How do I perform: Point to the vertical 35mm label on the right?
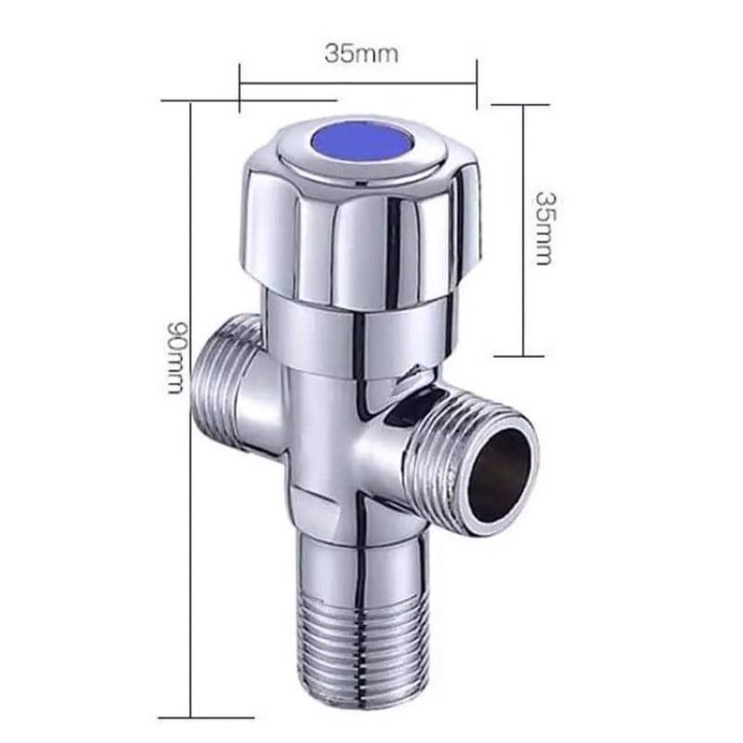[546, 228]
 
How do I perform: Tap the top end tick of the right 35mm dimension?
[524, 104]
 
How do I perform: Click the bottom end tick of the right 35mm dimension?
[524, 356]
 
